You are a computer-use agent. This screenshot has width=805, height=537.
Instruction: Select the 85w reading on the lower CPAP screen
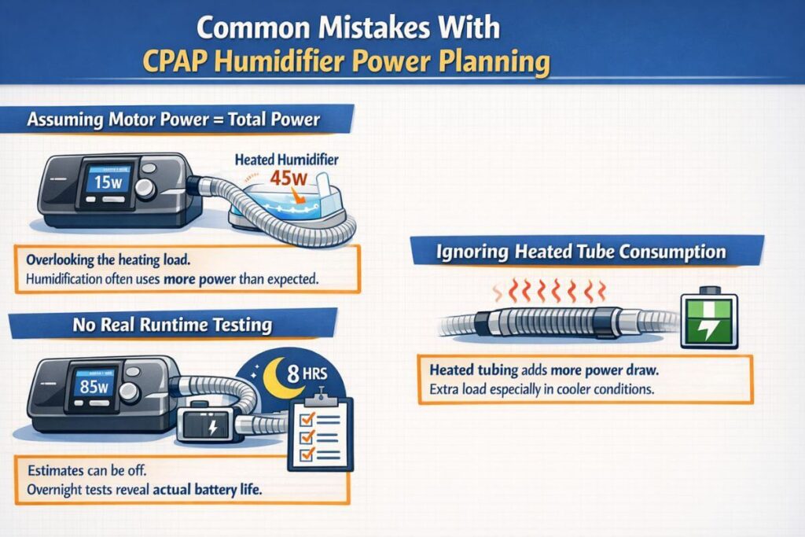[x=94, y=386]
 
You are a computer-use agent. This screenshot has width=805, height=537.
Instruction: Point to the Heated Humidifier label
[x=286, y=160]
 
